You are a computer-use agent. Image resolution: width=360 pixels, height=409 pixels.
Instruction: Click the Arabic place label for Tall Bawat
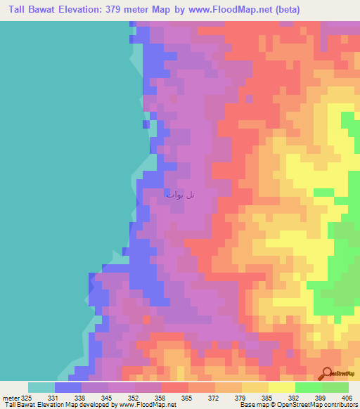181,194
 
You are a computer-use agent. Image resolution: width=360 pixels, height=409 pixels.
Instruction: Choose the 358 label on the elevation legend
162,397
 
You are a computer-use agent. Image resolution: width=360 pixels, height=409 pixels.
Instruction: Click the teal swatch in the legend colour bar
41,387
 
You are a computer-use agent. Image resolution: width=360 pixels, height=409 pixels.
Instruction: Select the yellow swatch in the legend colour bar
281,387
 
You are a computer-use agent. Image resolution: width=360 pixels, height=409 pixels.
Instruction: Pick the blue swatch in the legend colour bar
67,387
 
